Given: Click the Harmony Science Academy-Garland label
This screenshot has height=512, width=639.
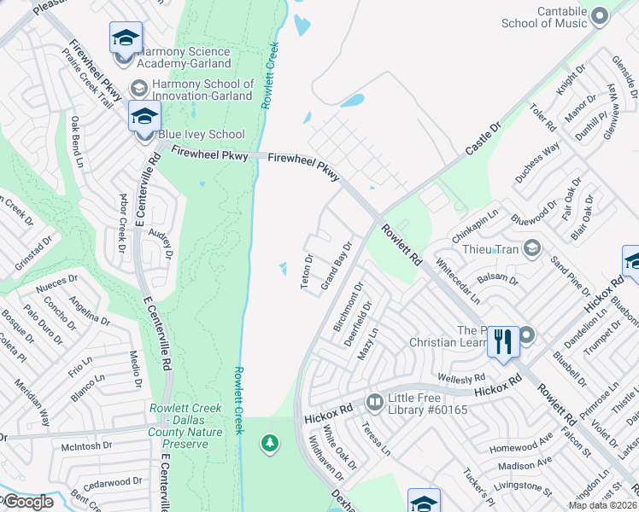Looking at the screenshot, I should pyautogui.click(x=184, y=57).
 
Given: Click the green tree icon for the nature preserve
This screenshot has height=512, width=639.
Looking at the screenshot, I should pyautogui.click(x=270, y=443).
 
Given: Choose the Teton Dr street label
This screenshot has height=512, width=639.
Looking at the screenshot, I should pyautogui.click(x=308, y=271).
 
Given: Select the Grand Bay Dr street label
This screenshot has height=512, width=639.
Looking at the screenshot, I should pyautogui.click(x=336, y=267).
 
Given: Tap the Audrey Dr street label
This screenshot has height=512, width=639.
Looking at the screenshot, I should pyautogui.click(x=160, y=242).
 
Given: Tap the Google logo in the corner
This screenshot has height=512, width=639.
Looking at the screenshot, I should pyautogui.click(x=27, y=502).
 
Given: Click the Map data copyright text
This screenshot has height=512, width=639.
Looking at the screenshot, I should pyautogui.click(x=603, y=505).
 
